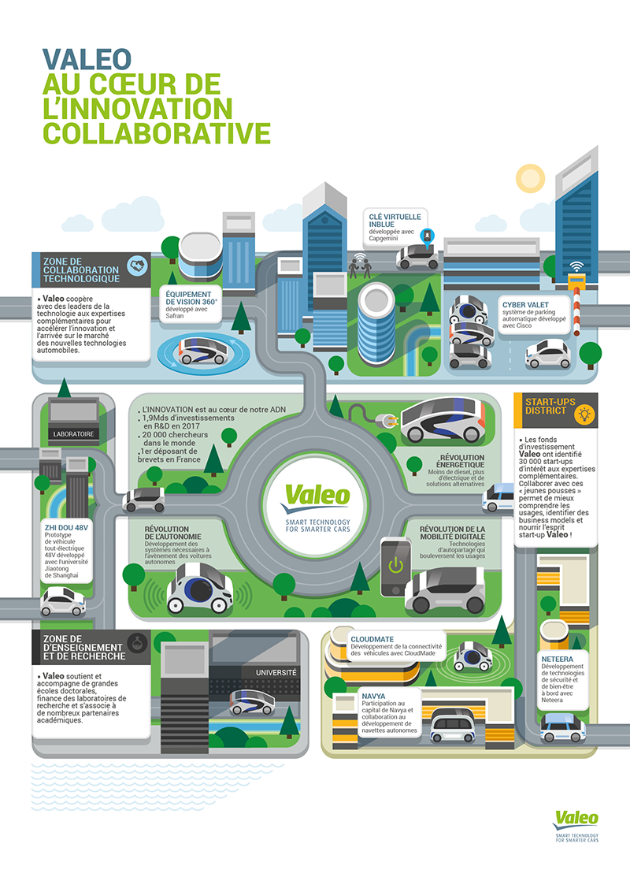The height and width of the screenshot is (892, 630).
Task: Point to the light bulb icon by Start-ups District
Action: click(x=584, y=412)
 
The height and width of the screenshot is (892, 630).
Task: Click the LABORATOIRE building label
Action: click(x=74, y=433)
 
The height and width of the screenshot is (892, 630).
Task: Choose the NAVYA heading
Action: click(x=373, y=696)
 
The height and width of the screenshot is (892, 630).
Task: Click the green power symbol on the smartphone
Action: click(x=394, y=565)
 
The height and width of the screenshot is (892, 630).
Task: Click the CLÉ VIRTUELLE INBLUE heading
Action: click(x=395, y=219)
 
